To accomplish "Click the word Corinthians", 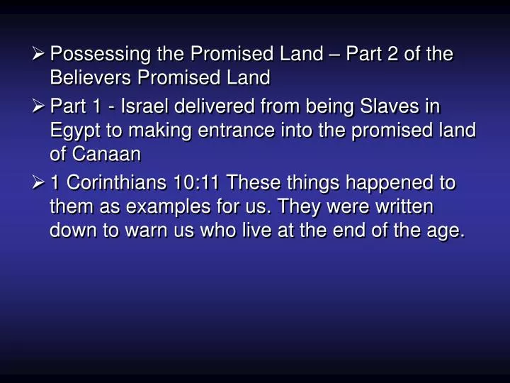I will point(115,184).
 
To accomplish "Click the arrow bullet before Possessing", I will point(40,55).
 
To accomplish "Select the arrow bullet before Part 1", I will point(40,107).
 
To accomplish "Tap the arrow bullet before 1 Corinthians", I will point(40,184).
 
